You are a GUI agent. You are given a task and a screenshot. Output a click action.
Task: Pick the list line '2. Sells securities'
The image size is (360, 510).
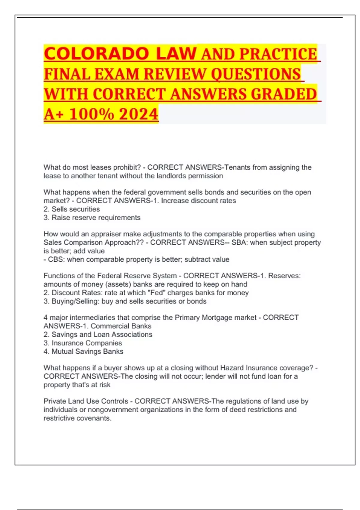pyautogui.click(x=72, y=209)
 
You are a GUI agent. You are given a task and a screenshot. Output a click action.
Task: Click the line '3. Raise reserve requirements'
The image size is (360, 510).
pyautogui.click(x=92, y=217)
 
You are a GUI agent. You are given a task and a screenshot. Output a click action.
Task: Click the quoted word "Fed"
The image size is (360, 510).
pyautogui.click(x=156, y=292)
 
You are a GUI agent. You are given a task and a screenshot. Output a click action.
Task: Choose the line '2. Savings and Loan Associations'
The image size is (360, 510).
pyautogui.click(x=98, y=334)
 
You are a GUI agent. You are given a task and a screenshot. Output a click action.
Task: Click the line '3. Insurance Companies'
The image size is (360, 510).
pyautogui.click(x=82, y=343)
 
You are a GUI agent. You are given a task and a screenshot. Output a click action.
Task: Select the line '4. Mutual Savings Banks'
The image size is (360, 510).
pyautogui.click(x=83, y=351)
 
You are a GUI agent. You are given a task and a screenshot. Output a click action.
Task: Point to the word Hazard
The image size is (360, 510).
pyautogui.click(x=232, y=368)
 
